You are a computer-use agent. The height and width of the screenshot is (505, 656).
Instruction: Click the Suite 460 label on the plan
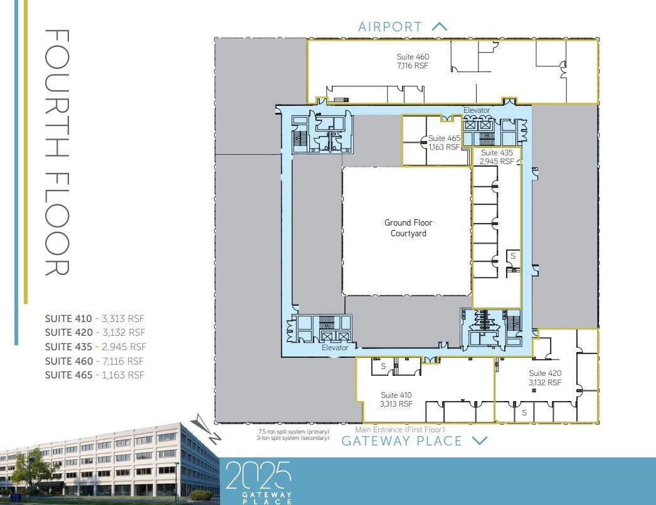pos(413,61)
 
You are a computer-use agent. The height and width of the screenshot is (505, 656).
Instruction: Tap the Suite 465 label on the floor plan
pos(444,143)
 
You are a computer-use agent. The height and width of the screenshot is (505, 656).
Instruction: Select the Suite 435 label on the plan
pos(497,157)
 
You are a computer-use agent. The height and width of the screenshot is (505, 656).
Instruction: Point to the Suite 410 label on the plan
pos(396,399)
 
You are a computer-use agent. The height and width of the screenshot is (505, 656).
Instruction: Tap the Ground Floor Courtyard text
pos(408,227)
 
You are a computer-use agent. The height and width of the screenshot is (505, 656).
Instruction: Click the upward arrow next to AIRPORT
pos(440,26)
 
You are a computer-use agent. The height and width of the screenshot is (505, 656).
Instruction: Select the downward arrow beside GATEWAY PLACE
pos(479,440)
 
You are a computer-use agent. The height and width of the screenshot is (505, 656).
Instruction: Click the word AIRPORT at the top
pos(389,26)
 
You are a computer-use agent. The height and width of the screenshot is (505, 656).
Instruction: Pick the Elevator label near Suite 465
pos(476,110)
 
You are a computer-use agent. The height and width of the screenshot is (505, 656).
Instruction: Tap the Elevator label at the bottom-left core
pos(334,348)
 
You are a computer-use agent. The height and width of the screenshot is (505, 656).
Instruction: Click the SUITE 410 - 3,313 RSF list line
pos(95,318)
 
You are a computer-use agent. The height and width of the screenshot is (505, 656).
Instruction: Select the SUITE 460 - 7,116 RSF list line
pos(95,361)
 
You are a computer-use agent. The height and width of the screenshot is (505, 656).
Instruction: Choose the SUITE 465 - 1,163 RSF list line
pos(95,375)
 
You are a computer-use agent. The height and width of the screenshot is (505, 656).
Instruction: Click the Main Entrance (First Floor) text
pos(400,430)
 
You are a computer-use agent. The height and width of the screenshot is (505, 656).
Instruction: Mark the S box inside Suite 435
pos(512,256)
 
